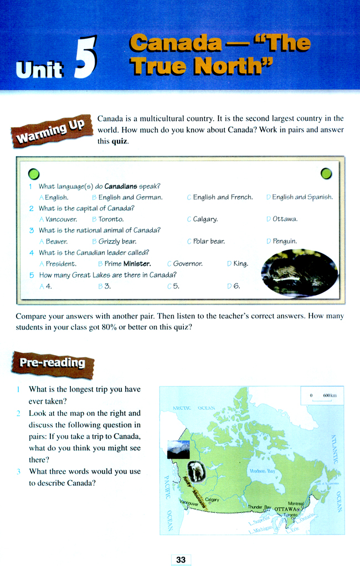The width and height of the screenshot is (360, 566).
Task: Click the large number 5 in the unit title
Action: (x=85, y=57)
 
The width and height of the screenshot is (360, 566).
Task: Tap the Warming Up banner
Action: (x=50, y=130)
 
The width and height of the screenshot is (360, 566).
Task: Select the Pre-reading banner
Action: (x=52, y=363)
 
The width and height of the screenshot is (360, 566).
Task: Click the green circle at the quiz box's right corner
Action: (x=326, y=174)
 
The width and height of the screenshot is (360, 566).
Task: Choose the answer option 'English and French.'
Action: (x=223, y=197)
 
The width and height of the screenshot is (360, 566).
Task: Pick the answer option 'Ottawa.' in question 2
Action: (x=285, y=219)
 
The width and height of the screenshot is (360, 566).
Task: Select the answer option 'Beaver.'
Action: (x=56, y=241)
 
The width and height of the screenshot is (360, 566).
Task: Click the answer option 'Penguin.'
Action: (x=285, y=241)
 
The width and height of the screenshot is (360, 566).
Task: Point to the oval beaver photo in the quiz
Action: (x=300, y=273)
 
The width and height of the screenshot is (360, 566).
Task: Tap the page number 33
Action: (x=181, y=560)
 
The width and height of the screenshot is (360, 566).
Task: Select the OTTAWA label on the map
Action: (x=286, y=508)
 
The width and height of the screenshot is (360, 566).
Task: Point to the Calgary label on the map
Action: (x=212, y=500)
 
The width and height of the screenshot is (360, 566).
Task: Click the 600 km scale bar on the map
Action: (x=322, y=398)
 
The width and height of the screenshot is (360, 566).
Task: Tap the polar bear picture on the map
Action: (x=196, y=471)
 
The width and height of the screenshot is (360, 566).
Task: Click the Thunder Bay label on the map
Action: (x=259, y=507)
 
